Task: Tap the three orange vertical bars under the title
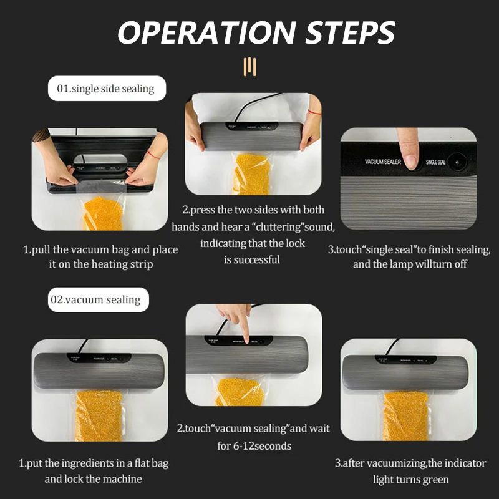point(249,65)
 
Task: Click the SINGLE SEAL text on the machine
point(435,162)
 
